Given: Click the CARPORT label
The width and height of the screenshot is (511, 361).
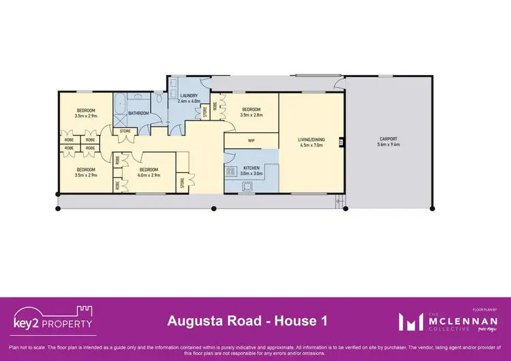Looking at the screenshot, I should tap(388, 139).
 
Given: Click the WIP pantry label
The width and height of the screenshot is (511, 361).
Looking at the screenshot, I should tap(251, 141).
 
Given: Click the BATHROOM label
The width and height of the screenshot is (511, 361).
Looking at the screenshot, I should tap(138, 113).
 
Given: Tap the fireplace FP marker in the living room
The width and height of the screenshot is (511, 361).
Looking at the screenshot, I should tap(341, 142).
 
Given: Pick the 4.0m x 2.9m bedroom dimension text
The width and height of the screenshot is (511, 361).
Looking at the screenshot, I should tap(149, 175).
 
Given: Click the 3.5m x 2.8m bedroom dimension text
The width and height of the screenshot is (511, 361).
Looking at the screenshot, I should tap(251, 115).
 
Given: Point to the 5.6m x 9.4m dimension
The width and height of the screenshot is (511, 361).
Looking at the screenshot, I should tap(388, 145).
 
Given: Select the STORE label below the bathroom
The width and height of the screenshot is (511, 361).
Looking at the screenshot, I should tap(125, 131).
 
